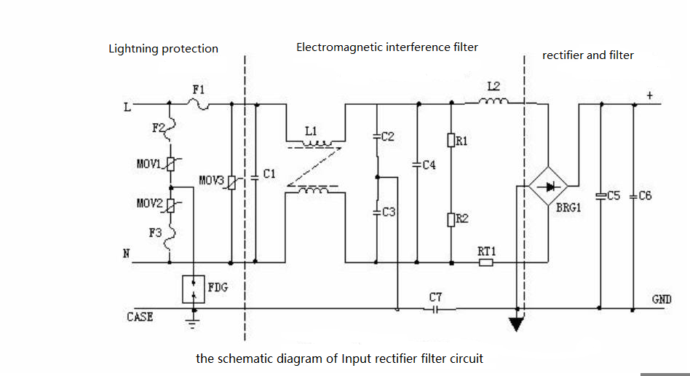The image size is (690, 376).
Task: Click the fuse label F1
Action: tap(199, 89)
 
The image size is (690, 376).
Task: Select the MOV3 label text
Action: tap(212, 179)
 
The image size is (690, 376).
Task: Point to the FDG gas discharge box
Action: tap(194, 289)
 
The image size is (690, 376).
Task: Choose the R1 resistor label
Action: tap(461, 140)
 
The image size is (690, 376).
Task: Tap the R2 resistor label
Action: tap(461, 218)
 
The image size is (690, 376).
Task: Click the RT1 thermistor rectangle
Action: tap(486, 262)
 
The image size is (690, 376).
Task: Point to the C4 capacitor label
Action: tap(428, 165)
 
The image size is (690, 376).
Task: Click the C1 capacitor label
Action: tap(269, 174)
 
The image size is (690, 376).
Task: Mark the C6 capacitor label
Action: tap(644, 196)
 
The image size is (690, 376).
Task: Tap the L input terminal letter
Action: tap(127, 106)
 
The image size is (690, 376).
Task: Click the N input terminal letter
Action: tap(126, 253)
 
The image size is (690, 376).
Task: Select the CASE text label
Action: tap(140, 317)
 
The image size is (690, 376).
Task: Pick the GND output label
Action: tap(662, 299)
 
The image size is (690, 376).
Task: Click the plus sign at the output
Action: tap(650, 95)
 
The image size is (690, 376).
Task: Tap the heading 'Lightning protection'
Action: tap(163, 49)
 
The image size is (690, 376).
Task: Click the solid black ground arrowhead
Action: tap(516, 324)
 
